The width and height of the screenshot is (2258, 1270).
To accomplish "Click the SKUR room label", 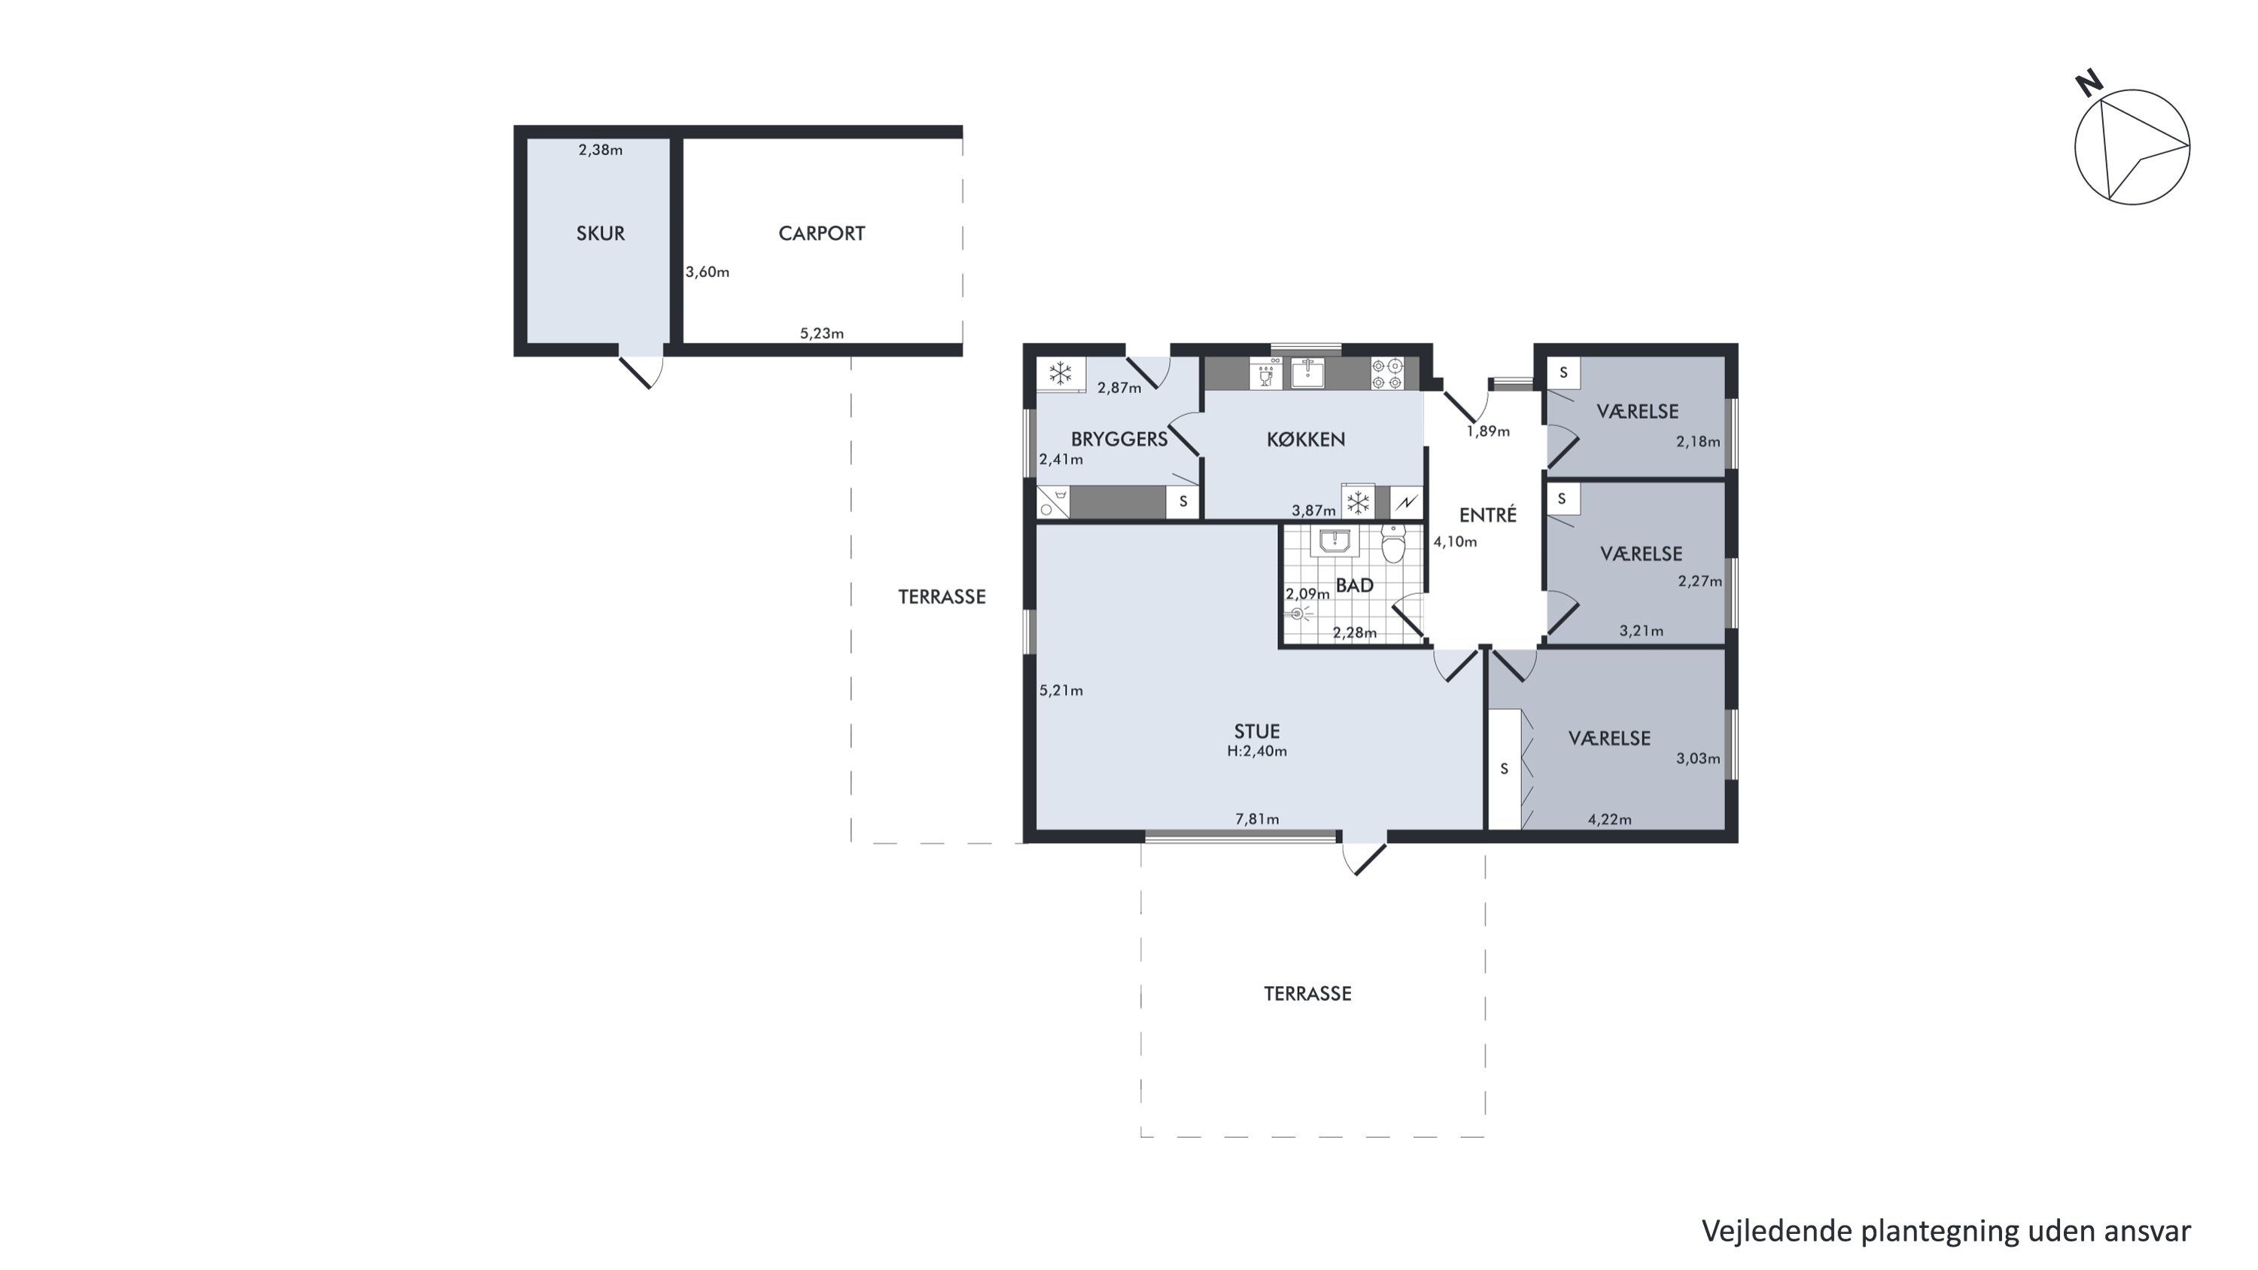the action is click(x=601, y=233).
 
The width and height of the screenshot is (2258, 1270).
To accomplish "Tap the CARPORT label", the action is click(x=821, y=233).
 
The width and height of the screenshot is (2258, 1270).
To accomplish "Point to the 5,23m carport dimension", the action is click(x=821, y=333).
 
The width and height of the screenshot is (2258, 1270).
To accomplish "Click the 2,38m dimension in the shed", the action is click(x=601, y=150).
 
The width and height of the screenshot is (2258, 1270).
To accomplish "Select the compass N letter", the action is click(x=2089, y=84).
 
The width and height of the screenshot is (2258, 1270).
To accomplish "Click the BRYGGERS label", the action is click(x=1119, y=439).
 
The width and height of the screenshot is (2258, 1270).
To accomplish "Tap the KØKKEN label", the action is click(x=1305, y=439).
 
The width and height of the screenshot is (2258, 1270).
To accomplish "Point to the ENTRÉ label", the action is click(x=1487, y=514).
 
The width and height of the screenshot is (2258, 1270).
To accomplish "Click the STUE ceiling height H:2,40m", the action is click(x=1257, y=751).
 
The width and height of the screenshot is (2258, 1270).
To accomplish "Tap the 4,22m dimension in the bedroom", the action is click(x=1609, y=820).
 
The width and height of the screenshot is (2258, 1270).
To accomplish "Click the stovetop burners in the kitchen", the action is click(x=1388, y=374).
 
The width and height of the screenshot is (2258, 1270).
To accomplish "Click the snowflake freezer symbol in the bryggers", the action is click(x=1061, y=373).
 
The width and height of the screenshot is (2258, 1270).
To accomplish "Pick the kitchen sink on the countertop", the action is click(x=1308, y=374).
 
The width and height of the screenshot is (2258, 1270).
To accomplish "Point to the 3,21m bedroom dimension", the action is click(x=1641, y=630).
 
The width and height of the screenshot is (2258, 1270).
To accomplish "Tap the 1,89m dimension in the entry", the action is click(x=1488, y=431).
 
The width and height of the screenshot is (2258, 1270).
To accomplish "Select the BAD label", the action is click(x=1354, y=586).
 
